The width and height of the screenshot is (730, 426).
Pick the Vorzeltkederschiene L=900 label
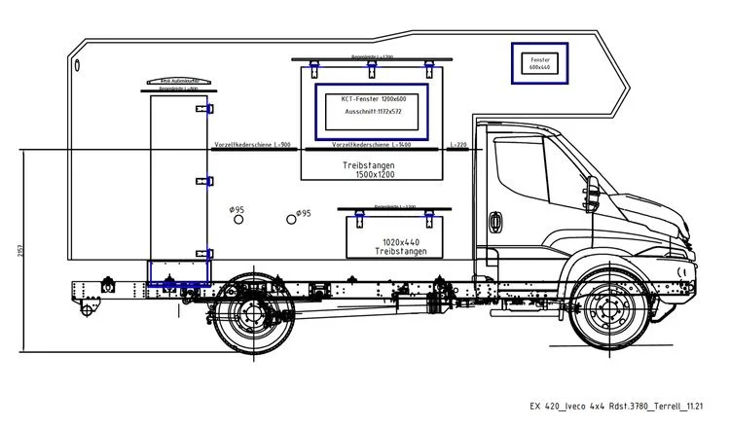[252, 144]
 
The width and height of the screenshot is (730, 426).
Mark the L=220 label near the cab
[458, 144]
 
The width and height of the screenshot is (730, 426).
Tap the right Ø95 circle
[290, 219]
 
